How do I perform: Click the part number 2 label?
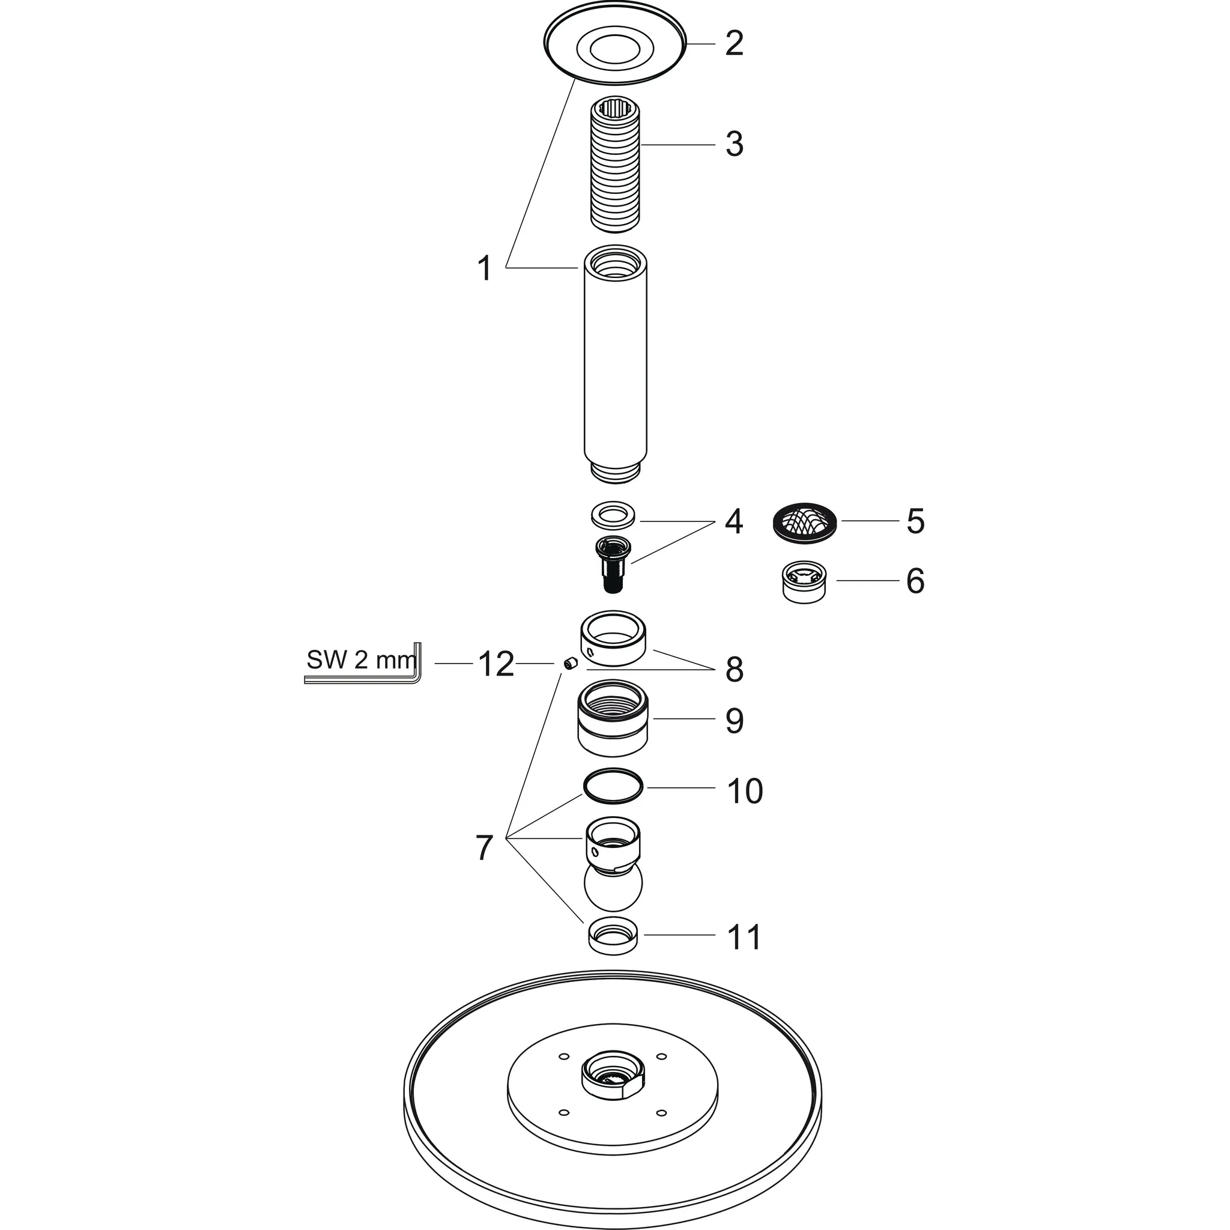734,43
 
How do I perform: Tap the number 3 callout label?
734,145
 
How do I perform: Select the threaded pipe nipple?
615,166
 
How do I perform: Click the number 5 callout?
915,521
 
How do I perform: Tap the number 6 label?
915,581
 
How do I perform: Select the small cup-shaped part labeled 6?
804,581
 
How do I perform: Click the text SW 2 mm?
360,660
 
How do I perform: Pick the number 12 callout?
496,664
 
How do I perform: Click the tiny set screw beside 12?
569,664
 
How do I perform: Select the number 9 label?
734,720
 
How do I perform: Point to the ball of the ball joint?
613,887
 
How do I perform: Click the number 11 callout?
744,936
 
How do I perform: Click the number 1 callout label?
485,268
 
